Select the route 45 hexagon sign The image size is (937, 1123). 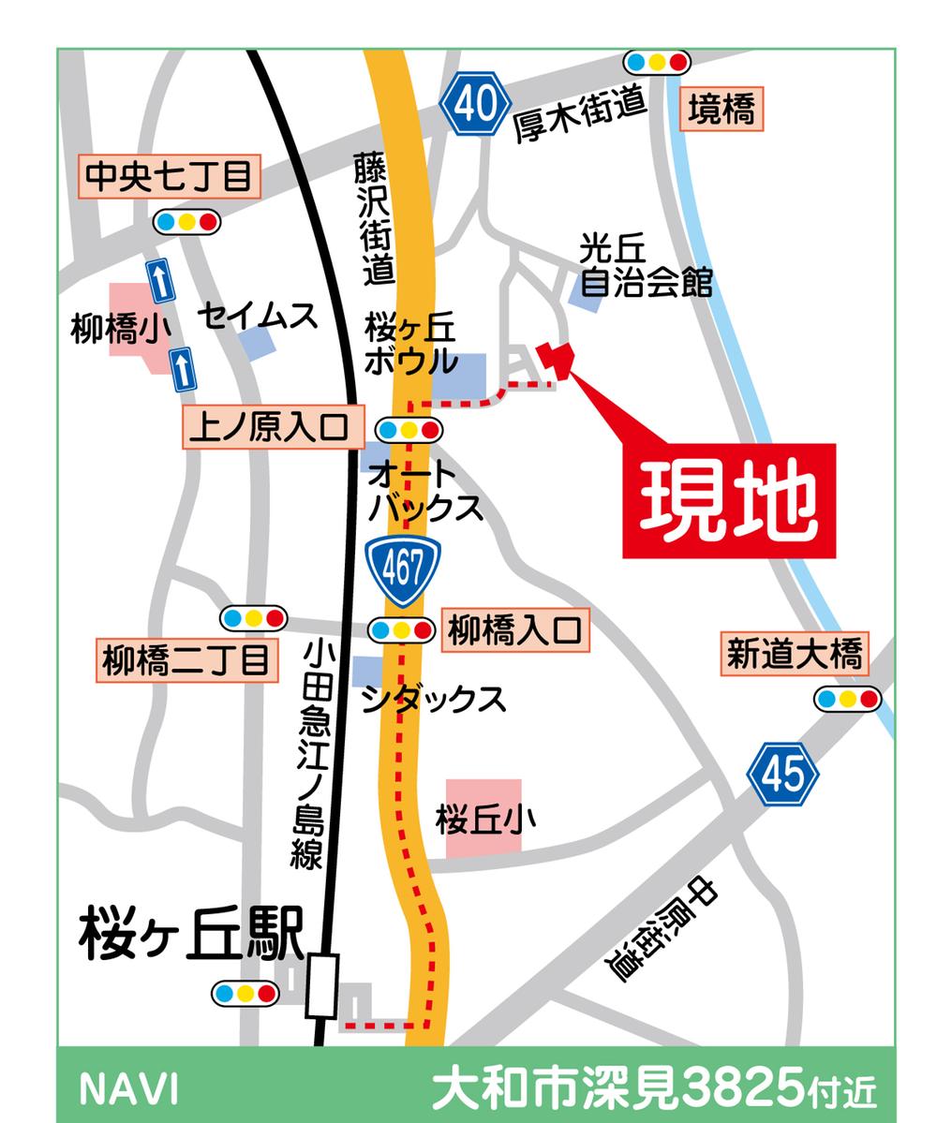783,774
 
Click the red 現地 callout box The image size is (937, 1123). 728,501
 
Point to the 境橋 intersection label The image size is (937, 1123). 721,111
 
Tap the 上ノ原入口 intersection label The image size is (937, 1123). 272,428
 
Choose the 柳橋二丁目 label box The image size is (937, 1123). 187,661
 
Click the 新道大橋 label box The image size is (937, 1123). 794,654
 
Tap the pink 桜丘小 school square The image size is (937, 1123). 483,818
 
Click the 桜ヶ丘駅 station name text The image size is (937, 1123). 191,933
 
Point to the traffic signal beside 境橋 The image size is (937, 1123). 658,63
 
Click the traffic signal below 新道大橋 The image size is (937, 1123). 847,699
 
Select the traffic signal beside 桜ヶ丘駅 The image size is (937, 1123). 245,993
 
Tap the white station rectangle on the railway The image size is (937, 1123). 321,985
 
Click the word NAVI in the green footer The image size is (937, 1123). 128,1089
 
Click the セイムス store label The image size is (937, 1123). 258,318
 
